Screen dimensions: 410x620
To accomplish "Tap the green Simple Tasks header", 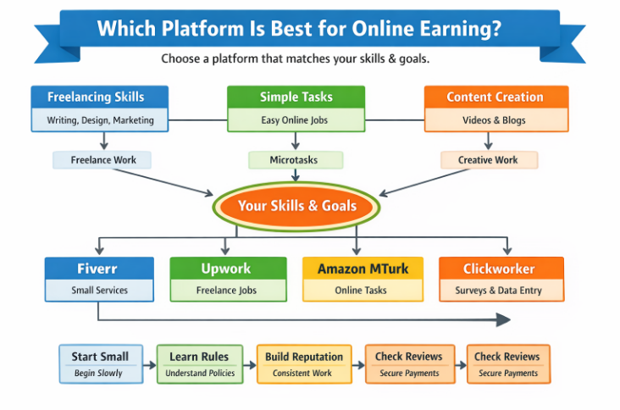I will (x=296, y=97).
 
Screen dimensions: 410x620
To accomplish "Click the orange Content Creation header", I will (x=495, y=97).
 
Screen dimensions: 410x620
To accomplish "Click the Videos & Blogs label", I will (x=495, y=120).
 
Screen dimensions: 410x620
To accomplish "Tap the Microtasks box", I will (x=295, y=159).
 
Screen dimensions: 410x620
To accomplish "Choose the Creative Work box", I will (x=489, y=159).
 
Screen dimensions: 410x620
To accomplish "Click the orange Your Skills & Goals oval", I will (x=296, y=205).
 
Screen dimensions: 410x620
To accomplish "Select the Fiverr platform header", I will (x=99, y=269).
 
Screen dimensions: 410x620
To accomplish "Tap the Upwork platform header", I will (x=224, y=269).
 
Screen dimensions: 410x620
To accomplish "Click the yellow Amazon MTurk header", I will (x=363, y=269).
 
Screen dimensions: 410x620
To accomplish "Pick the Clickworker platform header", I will (x=501, y=269).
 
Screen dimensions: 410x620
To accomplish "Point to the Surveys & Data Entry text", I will (x=501, y=291).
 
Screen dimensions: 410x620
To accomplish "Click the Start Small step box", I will (x=100, y=363).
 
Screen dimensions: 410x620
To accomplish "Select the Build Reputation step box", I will (x=304, y=363).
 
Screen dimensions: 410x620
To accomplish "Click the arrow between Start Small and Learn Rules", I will (x=149, y=365).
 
